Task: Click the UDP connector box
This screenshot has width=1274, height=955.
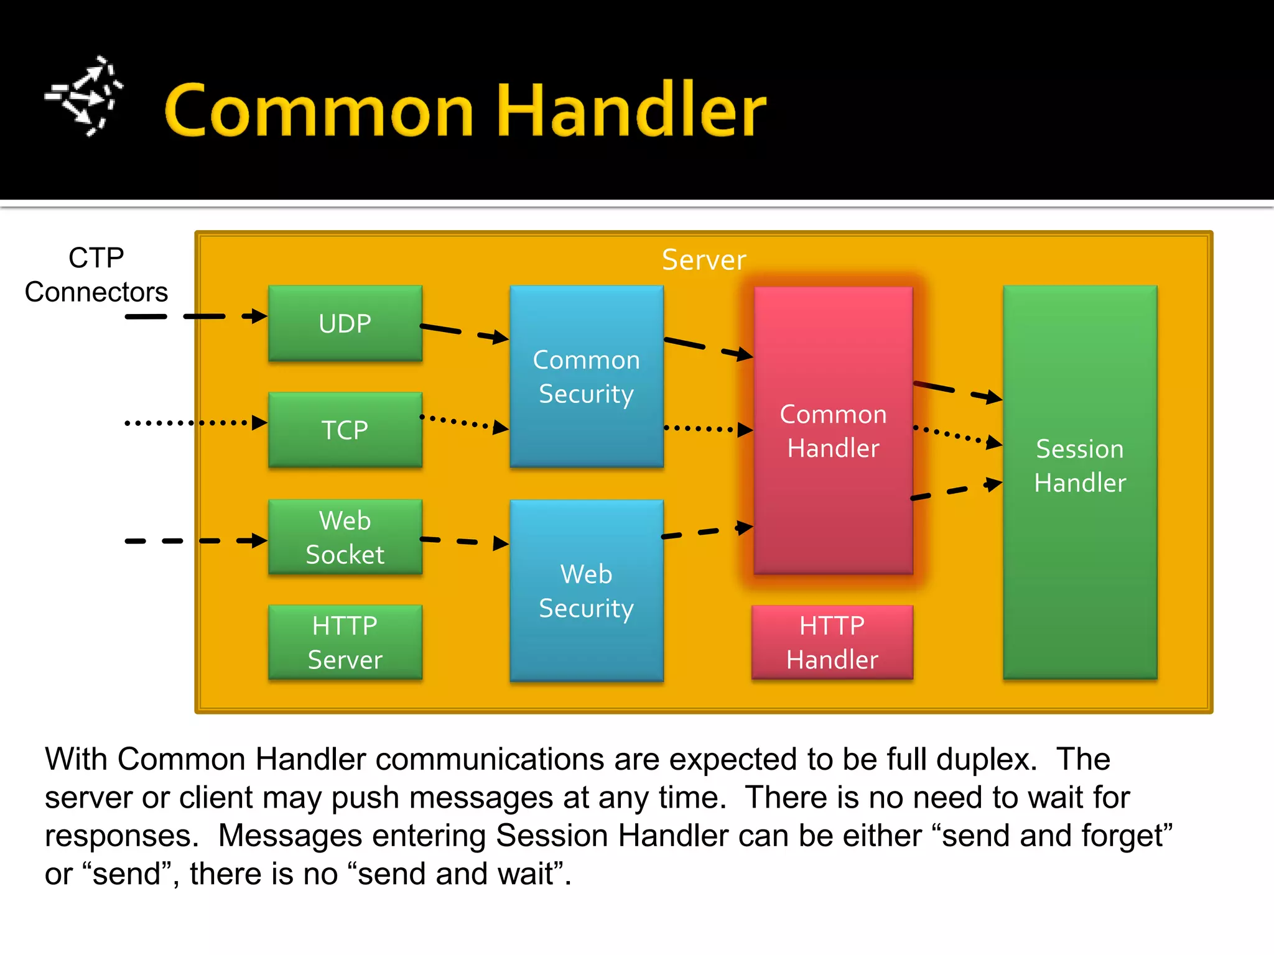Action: tap(345, 323)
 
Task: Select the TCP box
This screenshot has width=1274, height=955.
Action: tap(345, 430)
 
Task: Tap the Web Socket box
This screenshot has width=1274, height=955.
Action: tap(345, 537)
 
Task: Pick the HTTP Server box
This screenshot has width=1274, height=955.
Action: tap(345, 642)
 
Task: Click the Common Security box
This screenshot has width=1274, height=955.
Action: tap(586, 377)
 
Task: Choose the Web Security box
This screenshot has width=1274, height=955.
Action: tap(586, 591)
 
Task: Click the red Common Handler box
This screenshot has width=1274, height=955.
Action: tap(833, 430)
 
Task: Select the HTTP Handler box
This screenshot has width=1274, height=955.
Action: tap(832, 642)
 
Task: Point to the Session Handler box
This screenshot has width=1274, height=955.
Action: tap(1080, 482)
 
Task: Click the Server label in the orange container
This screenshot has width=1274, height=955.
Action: tap(704, 260)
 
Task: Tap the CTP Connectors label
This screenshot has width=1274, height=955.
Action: tap(96, 275)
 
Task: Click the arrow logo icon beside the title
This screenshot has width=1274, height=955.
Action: tap(84, 96)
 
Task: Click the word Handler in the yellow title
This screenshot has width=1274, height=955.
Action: tap(631, 110)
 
